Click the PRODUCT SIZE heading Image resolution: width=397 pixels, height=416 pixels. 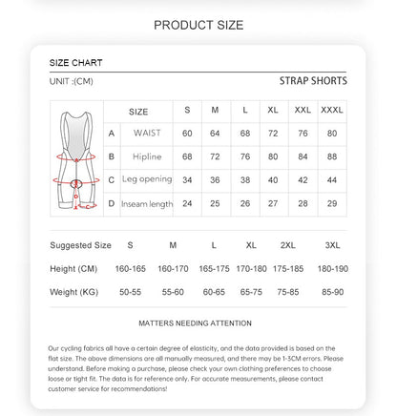[x=198, y=25]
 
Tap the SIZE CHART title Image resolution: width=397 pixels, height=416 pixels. [x=75, y=63]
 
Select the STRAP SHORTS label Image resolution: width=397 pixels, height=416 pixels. [x=313, y=81]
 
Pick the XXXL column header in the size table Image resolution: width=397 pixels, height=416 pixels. [x=332, y=111]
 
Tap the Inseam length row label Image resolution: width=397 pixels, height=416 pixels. [x=146, y=202]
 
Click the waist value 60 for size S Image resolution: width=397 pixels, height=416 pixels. [x=187, y=133]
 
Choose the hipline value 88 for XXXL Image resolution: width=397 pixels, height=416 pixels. [x=332, y=156]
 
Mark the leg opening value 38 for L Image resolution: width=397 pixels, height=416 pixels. [x=245, y=179]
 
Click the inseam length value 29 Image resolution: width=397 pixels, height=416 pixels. [x=332, y=202]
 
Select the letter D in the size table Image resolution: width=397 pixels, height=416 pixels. [x=112, y=202]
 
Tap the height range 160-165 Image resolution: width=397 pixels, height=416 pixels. [x=131, y=268]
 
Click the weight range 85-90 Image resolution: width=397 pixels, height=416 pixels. [x=331, y=291]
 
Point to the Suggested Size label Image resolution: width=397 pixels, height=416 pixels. [x=80, y=245]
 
